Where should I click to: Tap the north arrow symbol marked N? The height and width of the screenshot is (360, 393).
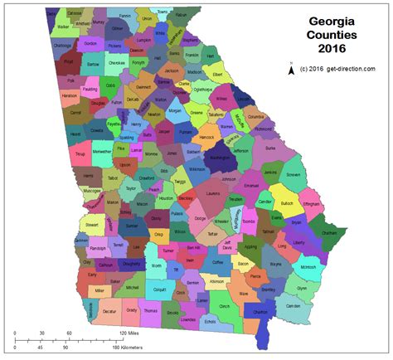tap(291, 70)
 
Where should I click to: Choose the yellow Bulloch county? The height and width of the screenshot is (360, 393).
tap(286, 202)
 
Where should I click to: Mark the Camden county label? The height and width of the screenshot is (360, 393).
tap(293, 306)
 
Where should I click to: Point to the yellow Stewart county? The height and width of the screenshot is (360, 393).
tap(91, 224)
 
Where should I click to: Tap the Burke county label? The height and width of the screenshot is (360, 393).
tap(269, 148)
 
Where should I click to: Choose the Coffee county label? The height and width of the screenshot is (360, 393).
tap(217, 262)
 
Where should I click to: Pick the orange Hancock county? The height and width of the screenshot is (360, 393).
tap(207, 136)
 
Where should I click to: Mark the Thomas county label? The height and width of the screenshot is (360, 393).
tap(150, 311)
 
